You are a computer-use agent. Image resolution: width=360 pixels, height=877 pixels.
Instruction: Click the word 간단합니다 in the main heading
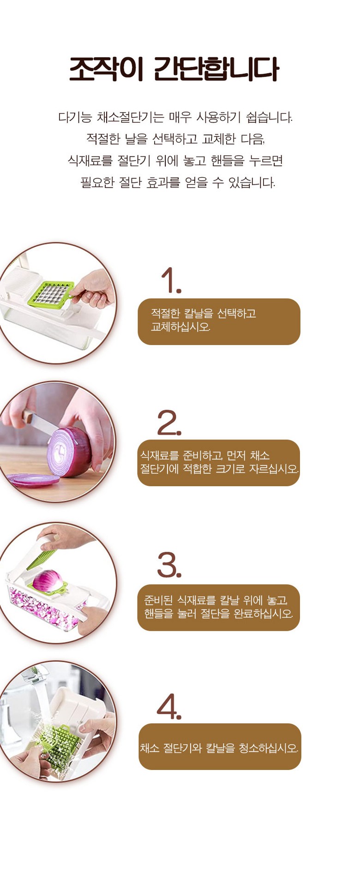pyautogui.click(x=216, y=69)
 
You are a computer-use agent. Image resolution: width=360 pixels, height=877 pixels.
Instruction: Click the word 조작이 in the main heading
pyautogui.click(x=106, y=69)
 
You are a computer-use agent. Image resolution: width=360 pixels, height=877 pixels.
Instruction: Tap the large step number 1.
pyautogui.click(x=171, y=280)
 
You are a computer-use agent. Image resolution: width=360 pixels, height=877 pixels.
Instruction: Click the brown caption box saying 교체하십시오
pyautogui.click(x=219, y=322)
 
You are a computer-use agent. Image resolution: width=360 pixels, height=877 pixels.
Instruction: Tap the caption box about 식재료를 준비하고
pyautogui.click(x=219, y=463)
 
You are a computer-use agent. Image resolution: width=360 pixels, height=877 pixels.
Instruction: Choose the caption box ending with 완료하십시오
pyautogui.click(x=219, y=608)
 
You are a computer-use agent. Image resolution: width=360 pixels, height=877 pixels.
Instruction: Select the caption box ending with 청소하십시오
pyautogui.click(x=220, y=746)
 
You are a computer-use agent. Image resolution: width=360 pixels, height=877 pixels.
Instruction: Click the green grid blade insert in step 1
pyautogui.click(x=52, y=293)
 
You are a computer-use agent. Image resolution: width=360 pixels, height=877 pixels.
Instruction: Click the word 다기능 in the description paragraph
pyautogui.click(x=75, y=117)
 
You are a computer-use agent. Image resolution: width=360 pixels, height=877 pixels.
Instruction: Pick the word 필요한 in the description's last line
pyautogui.click(x=97, y=183)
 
